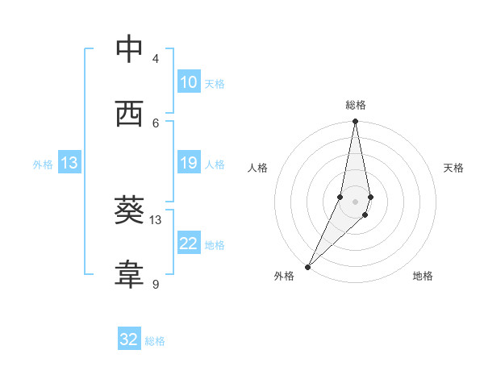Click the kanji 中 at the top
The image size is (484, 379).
click(129, 49)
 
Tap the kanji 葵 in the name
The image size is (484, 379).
click(129, 210)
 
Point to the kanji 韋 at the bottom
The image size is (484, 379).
click(129, 275)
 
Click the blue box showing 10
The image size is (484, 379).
click(188, 82)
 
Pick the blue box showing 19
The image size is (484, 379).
click(188, 164)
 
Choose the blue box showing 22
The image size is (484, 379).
click(188, 244)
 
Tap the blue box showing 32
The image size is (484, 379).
click(129, 339)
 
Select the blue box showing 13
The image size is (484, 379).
click(69, 164)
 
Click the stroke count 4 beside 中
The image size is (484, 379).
click(156, 58)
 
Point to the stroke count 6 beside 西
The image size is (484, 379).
click(156, 123)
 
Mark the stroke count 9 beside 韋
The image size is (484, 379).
click(156, 284)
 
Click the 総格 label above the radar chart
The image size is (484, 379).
click(356, 105)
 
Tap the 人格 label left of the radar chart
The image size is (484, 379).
click(258, 168)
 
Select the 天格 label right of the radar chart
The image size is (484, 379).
click(453, 168)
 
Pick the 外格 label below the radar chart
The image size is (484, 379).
click(284, 276)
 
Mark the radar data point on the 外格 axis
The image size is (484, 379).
click(308, 266)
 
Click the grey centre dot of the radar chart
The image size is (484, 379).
click(356, 202)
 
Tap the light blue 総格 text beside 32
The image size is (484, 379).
click(155, 341)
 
